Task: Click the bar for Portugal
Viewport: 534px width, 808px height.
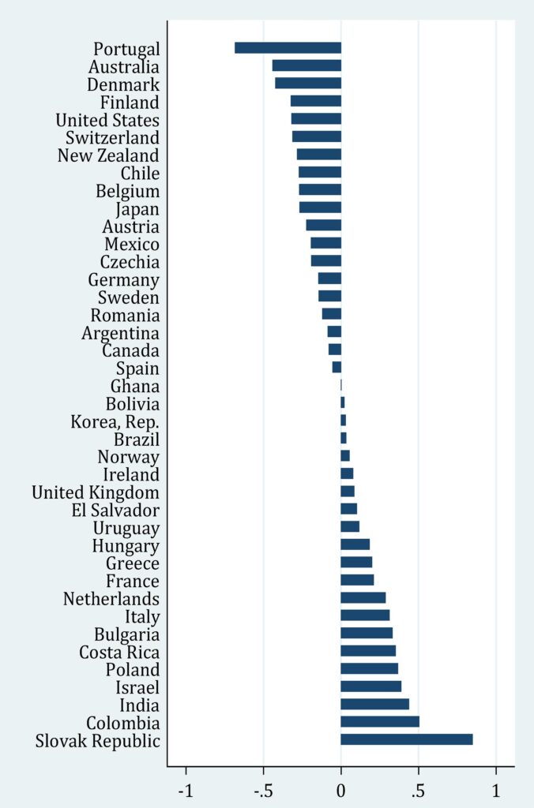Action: click(288, 48)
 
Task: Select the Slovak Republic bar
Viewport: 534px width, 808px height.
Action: click(407, 739)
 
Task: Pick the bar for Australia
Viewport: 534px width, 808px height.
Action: click(306, 65)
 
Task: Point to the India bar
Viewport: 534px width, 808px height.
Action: click(374, 704)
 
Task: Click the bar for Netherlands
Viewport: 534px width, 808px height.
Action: click(363, 598)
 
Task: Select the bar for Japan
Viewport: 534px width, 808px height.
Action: click(320, 208)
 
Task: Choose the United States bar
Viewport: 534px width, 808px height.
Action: click(316, 119)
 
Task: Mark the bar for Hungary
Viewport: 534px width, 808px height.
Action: click(355, 545)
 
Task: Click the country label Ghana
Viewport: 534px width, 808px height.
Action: click(135, 387)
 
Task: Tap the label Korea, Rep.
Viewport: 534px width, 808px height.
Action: click(115, 421)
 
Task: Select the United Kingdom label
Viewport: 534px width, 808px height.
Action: click(96, 492)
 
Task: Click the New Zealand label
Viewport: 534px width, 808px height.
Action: click(108, 155)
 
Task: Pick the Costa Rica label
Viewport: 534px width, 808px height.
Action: click(119, 652)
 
